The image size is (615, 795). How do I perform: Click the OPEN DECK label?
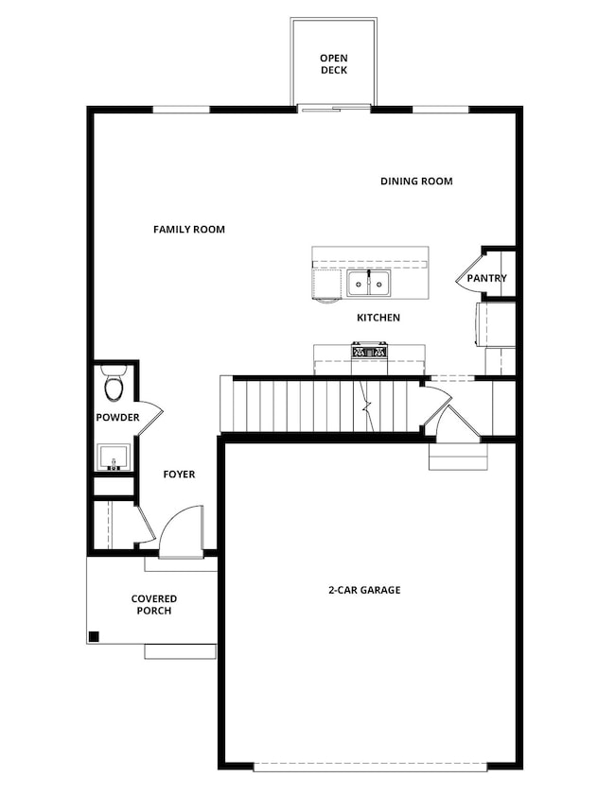tap(334, 63)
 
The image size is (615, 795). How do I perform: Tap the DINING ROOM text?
tap(416, 181)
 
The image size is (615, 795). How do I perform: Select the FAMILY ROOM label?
tap(189, 229)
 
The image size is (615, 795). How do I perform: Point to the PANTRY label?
tap(486, 278)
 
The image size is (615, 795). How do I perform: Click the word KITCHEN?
tap(378, 318)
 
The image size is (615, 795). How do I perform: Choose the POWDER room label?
tap(117, 417)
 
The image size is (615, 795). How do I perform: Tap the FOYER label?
tap(179, 474)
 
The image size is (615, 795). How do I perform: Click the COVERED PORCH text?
tap(153, 604)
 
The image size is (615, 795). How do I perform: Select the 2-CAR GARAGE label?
tap(364, 590)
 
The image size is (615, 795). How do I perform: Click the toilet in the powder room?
tap(114, 385)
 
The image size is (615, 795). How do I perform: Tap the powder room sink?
tap(114, 458)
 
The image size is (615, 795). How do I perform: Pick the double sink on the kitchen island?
tap(367, 283)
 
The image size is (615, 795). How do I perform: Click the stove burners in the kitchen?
tap(369, 352)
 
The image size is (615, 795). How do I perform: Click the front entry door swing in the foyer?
tap(182, 531)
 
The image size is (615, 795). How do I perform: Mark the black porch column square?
tap(94, 636)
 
